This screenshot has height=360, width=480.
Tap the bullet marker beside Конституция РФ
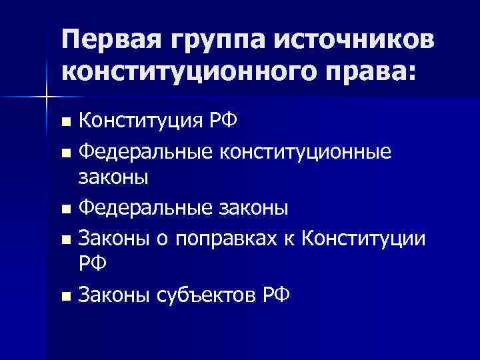point(64,123)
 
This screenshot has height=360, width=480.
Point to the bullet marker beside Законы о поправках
point(64,238)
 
